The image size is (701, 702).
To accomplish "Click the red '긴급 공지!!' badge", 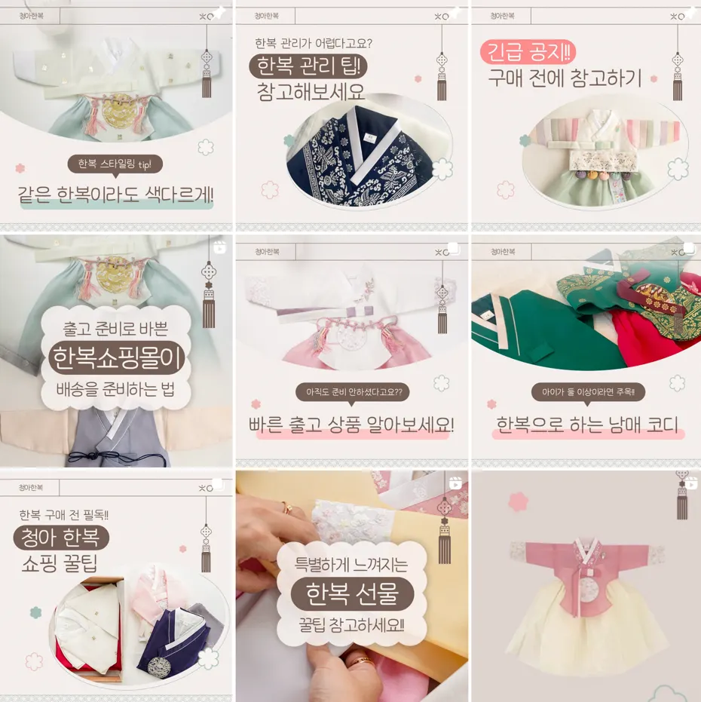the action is click(x=528, y=52).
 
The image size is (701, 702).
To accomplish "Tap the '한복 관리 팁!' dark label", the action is click(x=308, y=66).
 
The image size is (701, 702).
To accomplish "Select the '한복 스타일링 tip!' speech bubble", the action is click(x=115, y=164).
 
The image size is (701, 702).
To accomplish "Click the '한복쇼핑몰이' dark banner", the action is click(x=117, y=358).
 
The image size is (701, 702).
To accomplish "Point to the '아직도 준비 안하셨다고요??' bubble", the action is click(x=353, y=392).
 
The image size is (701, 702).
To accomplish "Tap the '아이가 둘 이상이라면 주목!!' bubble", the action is click(x=588, y=392).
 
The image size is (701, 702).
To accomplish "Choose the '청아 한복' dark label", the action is click(x=61, y=537).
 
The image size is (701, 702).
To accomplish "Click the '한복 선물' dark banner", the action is click(x=352, y=594).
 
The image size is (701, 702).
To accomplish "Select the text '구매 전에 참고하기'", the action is click(x=565, y=78).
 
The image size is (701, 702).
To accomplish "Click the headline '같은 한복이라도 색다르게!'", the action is click(x=115, y=195).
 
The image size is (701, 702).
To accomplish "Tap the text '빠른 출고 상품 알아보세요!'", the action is click(x=351, y=425).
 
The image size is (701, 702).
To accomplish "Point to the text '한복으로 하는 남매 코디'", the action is click(x=587, y=425).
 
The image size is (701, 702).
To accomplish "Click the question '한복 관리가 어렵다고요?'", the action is click(x=314, y=43).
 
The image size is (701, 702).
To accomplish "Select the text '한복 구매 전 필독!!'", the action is click(x=63, y=515).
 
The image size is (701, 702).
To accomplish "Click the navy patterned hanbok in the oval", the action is click(x=358, y=157).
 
